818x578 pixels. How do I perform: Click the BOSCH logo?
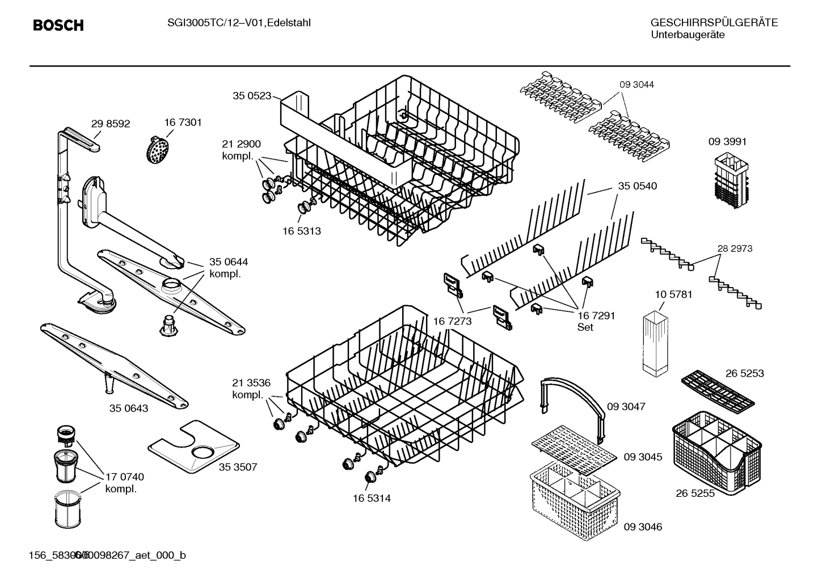[58, 26]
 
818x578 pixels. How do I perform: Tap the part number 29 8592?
[110, 124]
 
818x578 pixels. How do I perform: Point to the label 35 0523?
[252, 96]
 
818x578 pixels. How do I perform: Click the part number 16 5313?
[301, 231]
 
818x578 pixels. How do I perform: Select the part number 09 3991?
[727, 142]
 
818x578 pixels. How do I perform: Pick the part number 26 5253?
[744, 373]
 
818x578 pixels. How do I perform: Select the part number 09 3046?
[643, 527]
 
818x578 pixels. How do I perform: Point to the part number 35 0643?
[129, 408]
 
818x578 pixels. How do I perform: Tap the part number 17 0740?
[125, 477]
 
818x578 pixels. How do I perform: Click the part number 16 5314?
[371, 498]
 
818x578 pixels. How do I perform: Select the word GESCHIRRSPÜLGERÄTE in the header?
[714, 23]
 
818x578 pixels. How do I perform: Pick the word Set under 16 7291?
[585, 327]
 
